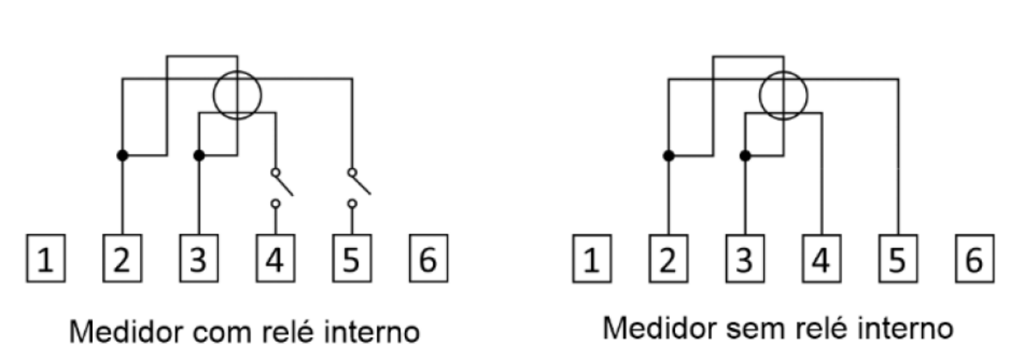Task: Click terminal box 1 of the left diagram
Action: [x=46, y=258]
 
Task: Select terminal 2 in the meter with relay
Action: [x=122, y=258]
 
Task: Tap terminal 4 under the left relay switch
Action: [x=275, y=258]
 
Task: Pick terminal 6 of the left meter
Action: [x=429, y=258]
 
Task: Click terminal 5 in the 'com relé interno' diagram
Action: [x=352, y=258]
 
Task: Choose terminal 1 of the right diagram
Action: [x=592, y=258]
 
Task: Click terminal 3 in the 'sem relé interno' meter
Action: [x=745, y=258]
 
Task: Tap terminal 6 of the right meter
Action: [x=975, y=258]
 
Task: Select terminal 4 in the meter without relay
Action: [x=822, y=258]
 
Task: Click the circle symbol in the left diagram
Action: [x=214, y=96]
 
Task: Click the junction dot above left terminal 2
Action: [x=122, y=155]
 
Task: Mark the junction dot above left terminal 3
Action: [x=199, y=155]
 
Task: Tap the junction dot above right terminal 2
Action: [x=669, y=156]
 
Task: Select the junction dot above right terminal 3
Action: [x=745, y=156]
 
